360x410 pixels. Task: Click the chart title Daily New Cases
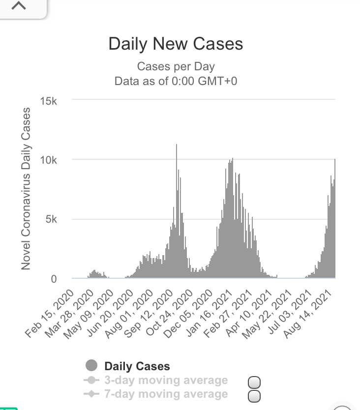pos(176,44)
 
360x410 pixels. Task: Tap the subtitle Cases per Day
pos(176,67)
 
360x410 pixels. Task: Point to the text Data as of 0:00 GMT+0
pos(176,81)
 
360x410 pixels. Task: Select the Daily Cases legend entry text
pos(137,366)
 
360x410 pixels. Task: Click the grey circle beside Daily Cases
pos(91,366)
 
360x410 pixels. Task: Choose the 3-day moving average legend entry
pos(166,380)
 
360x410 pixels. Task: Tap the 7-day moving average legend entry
pos(166,394)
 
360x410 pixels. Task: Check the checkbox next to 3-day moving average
pos(254,382)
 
